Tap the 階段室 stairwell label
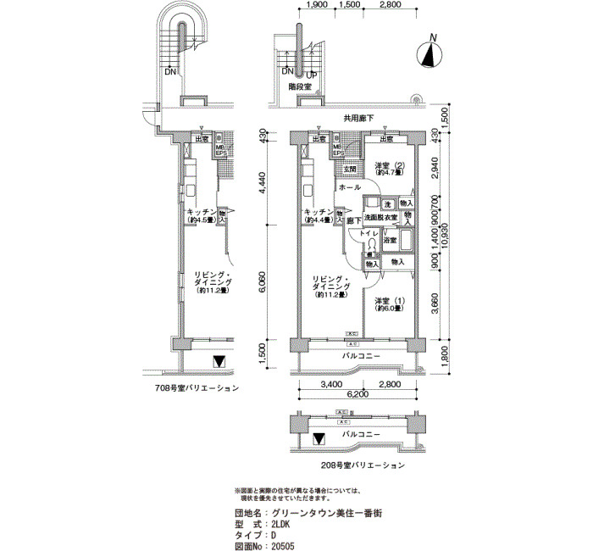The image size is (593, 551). [x=300, y=87]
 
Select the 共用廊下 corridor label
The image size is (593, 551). [x=359, y=118]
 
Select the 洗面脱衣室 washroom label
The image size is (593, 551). [x=381, y=219]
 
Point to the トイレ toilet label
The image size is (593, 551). [x=369, y=232]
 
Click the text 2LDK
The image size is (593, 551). [x=285, y=525]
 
